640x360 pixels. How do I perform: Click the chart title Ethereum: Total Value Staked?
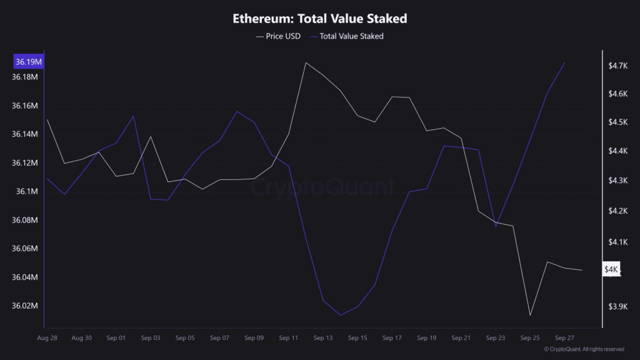tap(319, 19)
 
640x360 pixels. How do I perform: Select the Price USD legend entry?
tap(278, 36)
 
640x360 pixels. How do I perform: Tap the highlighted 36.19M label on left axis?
tap(29, 62)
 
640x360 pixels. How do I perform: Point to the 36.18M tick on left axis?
tap(25, 77)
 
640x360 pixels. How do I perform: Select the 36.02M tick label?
tap(25, 306)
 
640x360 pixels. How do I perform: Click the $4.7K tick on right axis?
tap(617, 65)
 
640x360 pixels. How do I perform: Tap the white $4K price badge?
tap(611, 269)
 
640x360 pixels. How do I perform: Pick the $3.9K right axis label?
tap(617, 306)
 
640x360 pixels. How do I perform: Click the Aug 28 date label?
tap(47, 337)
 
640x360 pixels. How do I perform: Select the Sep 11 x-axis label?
tap(289, 337)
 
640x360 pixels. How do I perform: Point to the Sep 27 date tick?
tap(564, 337)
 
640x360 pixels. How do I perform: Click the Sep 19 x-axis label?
tap(426, 337)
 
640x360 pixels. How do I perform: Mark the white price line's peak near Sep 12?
tap(306, 62)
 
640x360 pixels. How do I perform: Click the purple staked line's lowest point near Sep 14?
tap(341, 315)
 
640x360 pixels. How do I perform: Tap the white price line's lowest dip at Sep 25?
tap(530, 316)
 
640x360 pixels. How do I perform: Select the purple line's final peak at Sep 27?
tap(565, 62)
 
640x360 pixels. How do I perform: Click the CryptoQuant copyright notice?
tap(584, 349)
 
